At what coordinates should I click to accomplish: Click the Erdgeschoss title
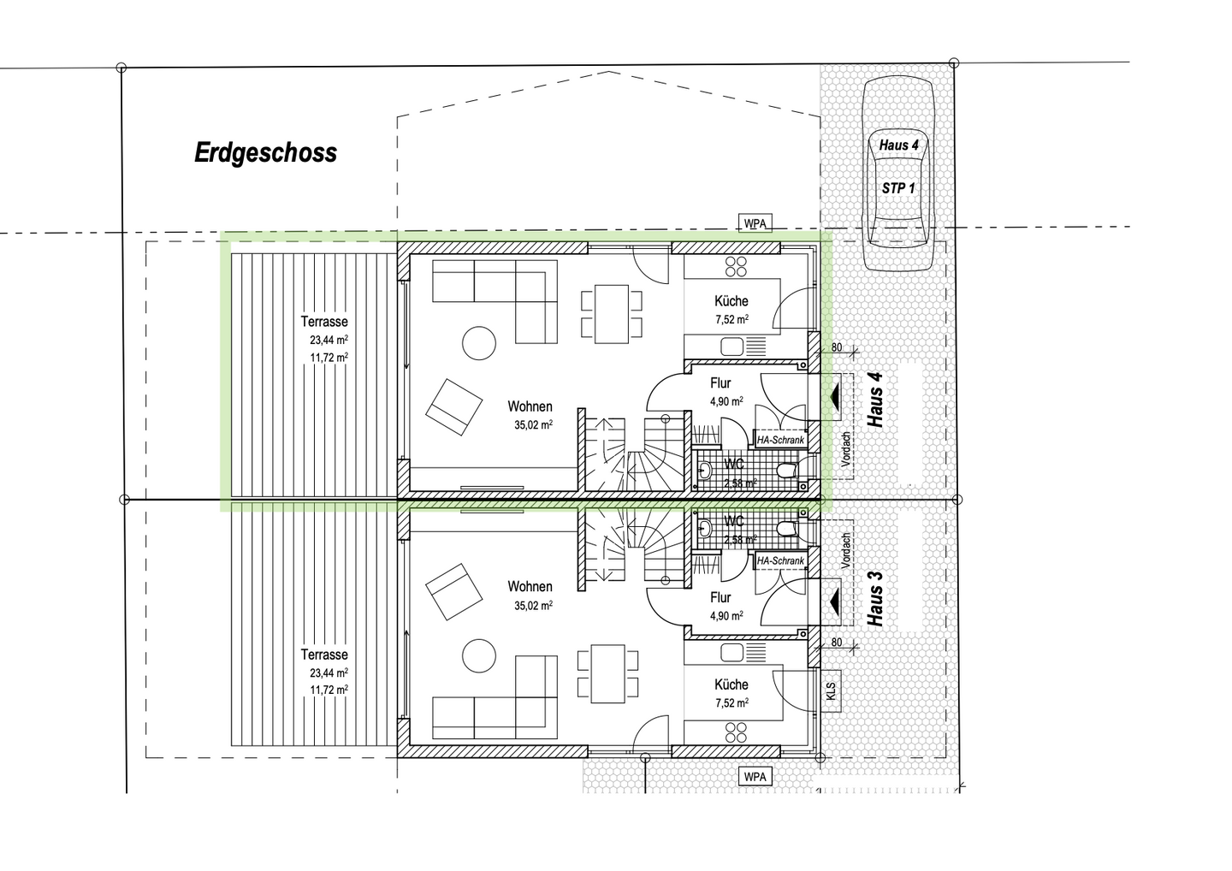click(265, 153)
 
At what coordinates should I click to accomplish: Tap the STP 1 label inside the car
click(898, 187)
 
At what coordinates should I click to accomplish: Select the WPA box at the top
click(755, 223)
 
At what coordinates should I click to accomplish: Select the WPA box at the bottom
click(755, 777)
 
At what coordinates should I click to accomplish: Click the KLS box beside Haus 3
click(831, 690)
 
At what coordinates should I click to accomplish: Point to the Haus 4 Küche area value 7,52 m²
click(731, 319)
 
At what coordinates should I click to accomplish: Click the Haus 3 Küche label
click(731, 684)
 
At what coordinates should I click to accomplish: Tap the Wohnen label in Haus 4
click(530, 406)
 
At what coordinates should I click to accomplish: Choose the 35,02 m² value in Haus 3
click(533, 605)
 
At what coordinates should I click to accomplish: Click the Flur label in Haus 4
click(720, 384)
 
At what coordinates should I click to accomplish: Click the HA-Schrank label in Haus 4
click(780, 440)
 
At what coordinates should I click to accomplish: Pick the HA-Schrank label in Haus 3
click(780, 560)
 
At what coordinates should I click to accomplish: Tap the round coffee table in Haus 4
click(479, 343)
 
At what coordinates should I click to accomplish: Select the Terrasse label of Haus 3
click(324, 655)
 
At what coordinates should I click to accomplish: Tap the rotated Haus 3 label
click(876, 594)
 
